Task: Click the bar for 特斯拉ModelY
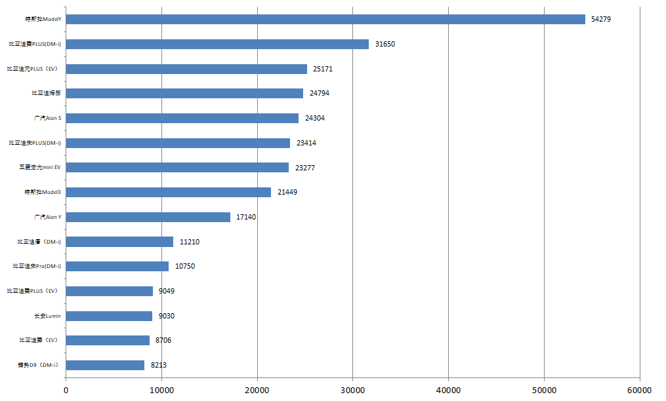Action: point(325,20)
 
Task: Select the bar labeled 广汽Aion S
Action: point(182,118)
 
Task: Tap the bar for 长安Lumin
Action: point(109,316)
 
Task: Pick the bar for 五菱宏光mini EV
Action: point(177,168)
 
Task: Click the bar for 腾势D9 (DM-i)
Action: point(105,365)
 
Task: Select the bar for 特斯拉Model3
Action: point(169,192)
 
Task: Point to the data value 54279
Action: point(601,20)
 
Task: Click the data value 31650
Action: point(385,44)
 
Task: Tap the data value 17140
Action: point(246,217)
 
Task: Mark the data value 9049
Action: point(167,291)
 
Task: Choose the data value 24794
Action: point(319,93)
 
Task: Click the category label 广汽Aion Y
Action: point(48,217)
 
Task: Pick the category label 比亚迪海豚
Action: point(46,93)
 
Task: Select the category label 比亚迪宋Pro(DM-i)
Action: point(37,266)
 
